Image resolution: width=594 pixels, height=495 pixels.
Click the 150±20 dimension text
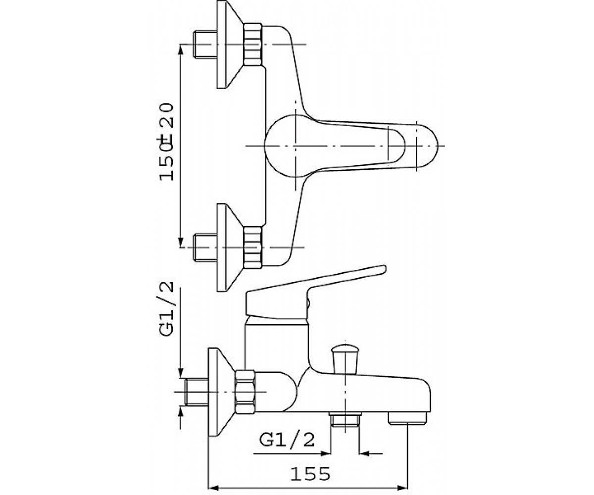[166, 142]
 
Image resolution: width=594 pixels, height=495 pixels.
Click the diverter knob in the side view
[345, 359]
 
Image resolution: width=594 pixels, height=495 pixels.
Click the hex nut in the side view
[245, 392]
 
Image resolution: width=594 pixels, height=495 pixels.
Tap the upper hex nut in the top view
[252, 45]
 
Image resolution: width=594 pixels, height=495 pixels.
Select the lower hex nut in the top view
[252, 247]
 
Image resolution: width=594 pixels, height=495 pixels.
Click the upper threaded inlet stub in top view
[205, 45]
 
